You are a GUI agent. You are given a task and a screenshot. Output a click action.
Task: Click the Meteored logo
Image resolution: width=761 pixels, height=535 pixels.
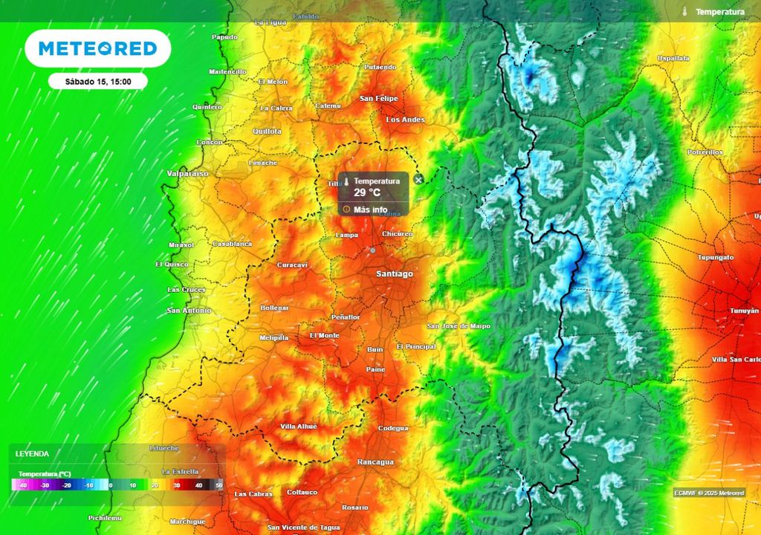click(97, 49)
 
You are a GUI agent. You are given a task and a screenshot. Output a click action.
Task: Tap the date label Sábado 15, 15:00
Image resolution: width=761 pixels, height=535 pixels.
click(98, 81)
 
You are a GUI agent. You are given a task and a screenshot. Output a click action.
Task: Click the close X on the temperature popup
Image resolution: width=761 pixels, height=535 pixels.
click(418, 180)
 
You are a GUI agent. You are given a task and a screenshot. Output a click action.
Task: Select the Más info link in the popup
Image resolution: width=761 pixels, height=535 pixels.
click(370, 210)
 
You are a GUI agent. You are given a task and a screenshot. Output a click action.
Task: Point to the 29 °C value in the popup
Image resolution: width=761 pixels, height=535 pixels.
click(367, 192)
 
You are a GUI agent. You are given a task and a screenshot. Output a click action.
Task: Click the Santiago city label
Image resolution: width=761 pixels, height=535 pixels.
click(394, 274)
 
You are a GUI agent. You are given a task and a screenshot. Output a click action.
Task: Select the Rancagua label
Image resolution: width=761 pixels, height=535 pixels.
click(375, 462)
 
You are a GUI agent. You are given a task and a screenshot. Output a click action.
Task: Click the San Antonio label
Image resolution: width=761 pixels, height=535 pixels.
click(188, 311)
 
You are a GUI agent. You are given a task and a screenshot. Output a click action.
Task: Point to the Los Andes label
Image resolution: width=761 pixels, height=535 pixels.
click(405, 120)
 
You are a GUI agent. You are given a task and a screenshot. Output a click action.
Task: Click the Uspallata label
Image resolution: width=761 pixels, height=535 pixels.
click(673, 58)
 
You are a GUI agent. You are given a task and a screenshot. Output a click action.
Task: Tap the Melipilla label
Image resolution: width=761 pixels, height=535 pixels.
click(273, 338)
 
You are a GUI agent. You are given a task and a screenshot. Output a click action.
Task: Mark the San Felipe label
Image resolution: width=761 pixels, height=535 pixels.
click(378, 98)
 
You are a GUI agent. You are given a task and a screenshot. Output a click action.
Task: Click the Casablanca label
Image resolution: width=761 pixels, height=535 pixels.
click(232, 244)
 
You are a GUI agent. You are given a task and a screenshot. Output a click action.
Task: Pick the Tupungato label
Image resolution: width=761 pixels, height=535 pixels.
click(715, 257)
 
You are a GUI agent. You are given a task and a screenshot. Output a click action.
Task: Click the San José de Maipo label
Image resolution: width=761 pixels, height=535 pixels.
click(459, 326)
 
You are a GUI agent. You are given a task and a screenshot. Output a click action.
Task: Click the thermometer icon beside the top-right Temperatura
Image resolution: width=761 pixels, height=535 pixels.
click(684, 12)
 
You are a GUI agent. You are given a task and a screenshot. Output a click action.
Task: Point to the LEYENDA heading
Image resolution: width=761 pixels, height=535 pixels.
click(32, 453)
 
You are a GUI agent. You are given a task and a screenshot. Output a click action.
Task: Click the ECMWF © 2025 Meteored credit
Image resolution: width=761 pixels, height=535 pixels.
click(709, 493)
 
